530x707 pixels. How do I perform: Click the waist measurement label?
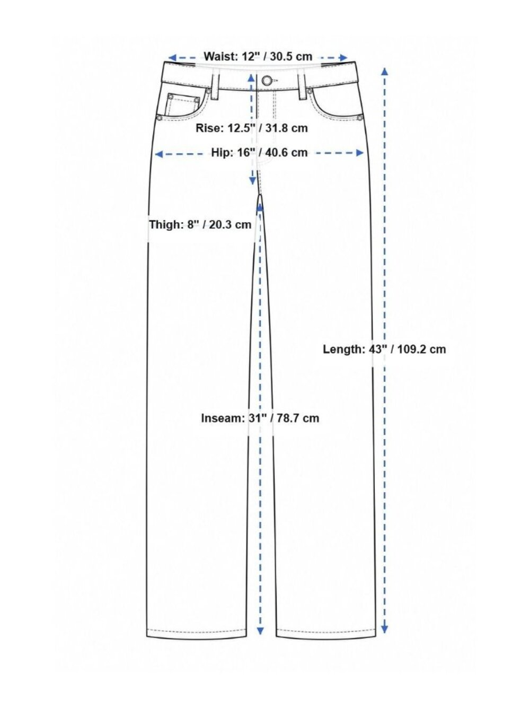258,57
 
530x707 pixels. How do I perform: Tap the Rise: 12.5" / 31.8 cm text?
252,128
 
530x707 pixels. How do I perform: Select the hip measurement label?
259,153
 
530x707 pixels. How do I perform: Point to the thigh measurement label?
200,224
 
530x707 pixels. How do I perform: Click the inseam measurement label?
260,418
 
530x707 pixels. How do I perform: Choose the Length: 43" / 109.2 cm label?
384,350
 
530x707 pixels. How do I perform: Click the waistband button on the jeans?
266,81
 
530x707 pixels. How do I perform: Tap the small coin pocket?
182,105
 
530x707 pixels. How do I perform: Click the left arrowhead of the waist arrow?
172,58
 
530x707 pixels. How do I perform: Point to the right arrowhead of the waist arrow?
343,58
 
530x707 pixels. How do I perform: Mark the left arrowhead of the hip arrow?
158,154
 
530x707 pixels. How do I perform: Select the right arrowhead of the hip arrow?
359,153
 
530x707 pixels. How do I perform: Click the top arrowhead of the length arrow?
384,72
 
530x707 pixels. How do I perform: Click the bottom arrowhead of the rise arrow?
253,181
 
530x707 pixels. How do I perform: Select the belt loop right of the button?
302,87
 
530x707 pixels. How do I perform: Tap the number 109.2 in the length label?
413,350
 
